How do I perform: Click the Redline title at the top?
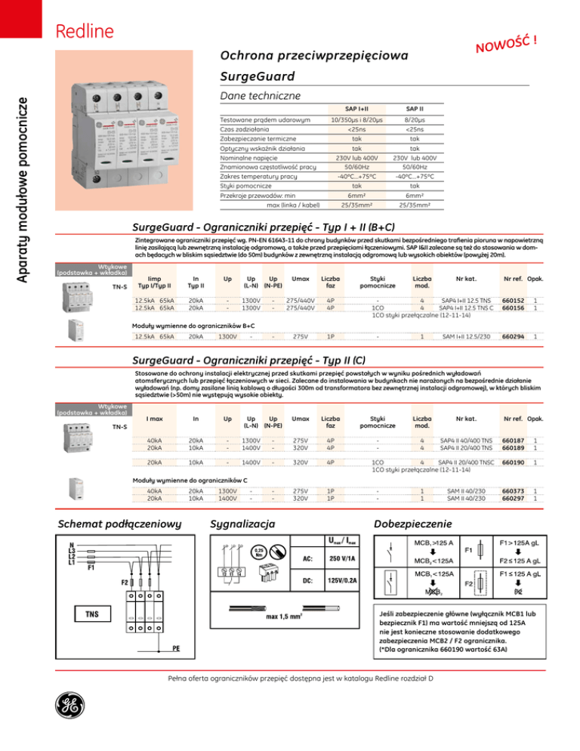tap(85, 31)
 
